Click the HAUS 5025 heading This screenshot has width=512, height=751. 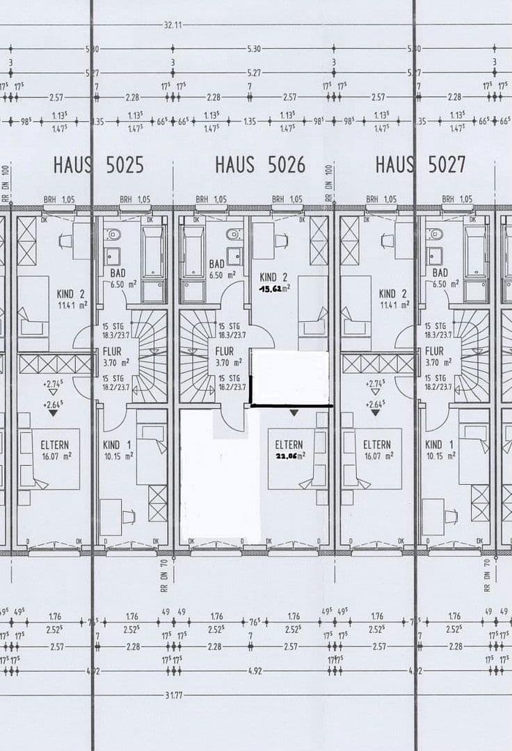click(x=98, y=165)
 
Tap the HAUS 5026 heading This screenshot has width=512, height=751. click(x=259, y=165)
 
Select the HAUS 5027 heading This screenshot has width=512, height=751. click(x=420, y=165)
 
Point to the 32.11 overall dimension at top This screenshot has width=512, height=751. click(x=173, y=25)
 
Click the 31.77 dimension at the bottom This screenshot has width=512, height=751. click(x=173, y=695)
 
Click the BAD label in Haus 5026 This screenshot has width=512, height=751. click(x=217, y=264)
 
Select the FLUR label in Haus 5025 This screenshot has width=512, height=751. click(x=111, y=351)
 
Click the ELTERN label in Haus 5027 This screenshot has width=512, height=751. click(x=377, y=445)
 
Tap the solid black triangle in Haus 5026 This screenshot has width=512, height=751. click(x=294, y=412)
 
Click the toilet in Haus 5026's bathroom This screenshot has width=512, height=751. click(x=233, y=234)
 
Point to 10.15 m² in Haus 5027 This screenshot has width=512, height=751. click(x=441, y=456)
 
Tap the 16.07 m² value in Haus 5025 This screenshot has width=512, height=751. click(x=55, y=456)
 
